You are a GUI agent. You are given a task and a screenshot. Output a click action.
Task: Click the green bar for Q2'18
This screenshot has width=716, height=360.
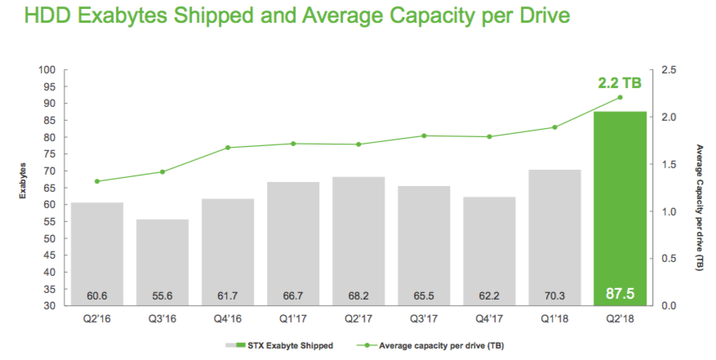click(620, 208)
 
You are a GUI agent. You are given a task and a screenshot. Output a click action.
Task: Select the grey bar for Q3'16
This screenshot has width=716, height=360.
click(162, 262)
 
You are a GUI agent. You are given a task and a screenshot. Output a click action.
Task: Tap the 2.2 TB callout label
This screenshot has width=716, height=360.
click(620, 83)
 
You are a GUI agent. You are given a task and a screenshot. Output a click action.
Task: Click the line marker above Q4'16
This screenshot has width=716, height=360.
click(228, 148)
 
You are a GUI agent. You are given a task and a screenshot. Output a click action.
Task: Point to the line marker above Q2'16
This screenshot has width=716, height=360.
click(97, 181)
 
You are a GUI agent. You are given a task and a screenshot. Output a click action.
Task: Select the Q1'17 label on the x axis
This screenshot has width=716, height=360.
click(293, 319)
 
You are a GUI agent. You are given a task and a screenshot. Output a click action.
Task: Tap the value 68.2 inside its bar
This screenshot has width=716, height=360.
click(358, 296)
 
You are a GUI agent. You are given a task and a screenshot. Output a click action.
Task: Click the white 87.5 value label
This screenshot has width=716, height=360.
click(620, 293)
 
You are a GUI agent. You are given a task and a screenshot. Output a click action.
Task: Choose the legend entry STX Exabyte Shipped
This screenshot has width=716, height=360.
click(279, 346)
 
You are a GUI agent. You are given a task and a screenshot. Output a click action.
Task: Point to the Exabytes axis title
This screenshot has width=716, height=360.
click(22, 181)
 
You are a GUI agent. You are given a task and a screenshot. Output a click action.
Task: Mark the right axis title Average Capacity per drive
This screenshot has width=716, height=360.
click(700, 207)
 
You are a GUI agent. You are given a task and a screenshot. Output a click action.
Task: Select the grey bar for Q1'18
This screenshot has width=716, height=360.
click(554, 238)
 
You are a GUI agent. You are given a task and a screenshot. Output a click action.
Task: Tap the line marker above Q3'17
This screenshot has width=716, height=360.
click(424, 136)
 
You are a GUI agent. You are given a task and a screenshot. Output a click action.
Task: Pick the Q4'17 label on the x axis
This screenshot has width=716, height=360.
click(489, 319)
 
